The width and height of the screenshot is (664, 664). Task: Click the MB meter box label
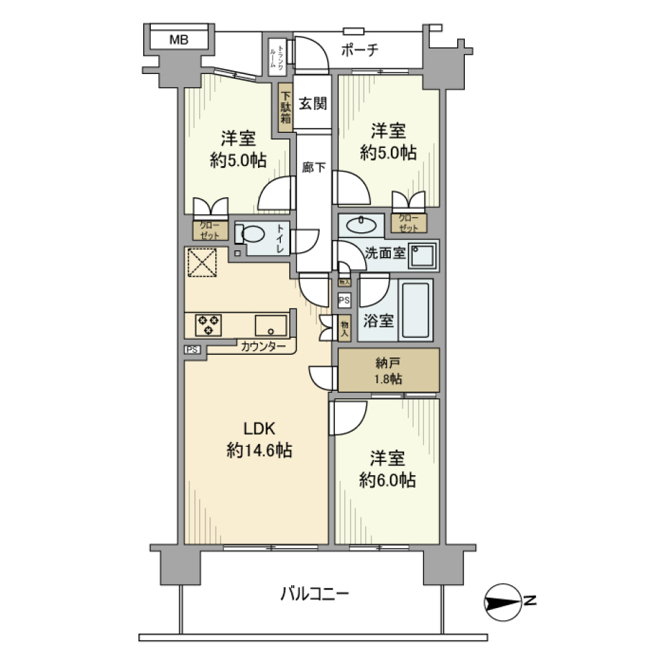click(x=179, y=40)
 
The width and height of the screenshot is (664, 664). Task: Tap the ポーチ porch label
click(x=360, y=50)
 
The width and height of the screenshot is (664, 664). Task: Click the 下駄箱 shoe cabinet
click(x=286, y=105)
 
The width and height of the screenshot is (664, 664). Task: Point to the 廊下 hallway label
click(x=313, y=167)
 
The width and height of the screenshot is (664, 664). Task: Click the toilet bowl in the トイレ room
click(x=250, y=234)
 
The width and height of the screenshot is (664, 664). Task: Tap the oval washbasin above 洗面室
click(x=361, y=224)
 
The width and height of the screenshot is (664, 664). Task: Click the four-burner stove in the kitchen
click(x=209, y=324)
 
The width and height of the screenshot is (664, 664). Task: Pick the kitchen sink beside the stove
click(x=271, y=324)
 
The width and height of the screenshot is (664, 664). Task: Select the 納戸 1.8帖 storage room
click(x=388, y=369)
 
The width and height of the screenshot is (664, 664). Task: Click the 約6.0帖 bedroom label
click(x=387, y=469)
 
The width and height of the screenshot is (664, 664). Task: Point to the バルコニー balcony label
click(x=315, y=593)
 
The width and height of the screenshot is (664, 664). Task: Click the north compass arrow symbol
click(x=502, y=602)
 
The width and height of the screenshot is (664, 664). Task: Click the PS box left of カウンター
click(x=192, y=349)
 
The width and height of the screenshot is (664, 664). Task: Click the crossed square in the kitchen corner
click(x=201, y=262)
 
